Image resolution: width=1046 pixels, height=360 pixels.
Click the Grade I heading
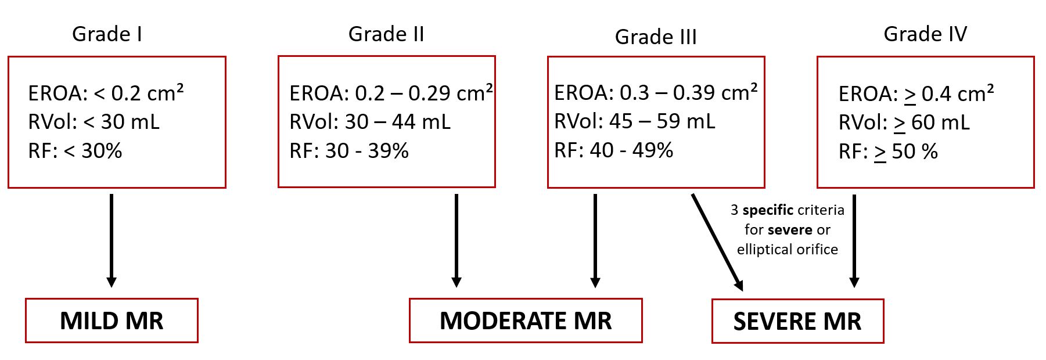[x=107, y=34]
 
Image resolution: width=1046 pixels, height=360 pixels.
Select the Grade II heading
[x=386, y=34]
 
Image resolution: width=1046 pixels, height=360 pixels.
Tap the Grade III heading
[x=656, y=37]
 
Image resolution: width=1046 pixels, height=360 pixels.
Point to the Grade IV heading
[x=925, y=34]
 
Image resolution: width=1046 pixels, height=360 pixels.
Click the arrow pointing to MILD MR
[x=112, y=241]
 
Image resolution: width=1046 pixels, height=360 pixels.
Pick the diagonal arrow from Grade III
[x=717, y=242]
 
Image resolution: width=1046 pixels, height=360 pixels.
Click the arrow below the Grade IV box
[x=854, y=241]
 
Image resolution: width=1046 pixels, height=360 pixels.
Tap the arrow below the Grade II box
[x=456, y=241]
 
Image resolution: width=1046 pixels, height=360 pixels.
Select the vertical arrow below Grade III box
[x=595, y=241]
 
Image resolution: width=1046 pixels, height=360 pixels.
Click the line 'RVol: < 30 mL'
[x=94, y=122]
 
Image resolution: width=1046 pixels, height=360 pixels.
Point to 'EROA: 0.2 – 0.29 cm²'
[x=391, y=93]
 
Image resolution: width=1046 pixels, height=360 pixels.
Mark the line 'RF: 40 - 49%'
[x=613, y=150]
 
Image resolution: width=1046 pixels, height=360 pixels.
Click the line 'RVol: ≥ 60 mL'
[x=904, y=123]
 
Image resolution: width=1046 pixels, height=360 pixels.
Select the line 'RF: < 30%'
[x=75, y=151]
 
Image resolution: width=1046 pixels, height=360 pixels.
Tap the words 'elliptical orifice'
[x=788, y=250]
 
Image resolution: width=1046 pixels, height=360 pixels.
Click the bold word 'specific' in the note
[x=768, y=210]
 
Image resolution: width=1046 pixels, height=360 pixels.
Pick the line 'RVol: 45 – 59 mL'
[x=635, y=121]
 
